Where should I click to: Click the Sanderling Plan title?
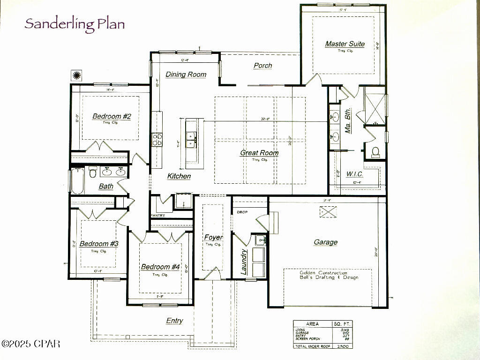point(75,23)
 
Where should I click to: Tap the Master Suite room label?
point(345,44)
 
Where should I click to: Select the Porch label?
point(262,66)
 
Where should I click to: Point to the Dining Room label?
point(186,75)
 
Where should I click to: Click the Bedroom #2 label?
point(111,116)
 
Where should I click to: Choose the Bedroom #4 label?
point(160,267)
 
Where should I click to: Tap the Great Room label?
point(259,153)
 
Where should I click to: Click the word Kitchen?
point(179,176)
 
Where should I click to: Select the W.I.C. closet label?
point(355,174)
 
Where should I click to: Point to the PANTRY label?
point(158,215)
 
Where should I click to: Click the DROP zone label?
point(242,212)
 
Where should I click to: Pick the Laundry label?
point(244,262)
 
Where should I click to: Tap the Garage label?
point(325,242)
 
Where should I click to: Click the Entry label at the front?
point(174,321)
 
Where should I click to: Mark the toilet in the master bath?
point(375,151)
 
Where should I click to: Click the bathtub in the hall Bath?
point(77,182)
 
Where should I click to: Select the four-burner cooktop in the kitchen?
point(157,139)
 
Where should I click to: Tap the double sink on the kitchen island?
point(191,136)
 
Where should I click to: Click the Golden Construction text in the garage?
point(323,273)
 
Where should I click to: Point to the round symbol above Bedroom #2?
point(76,75)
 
